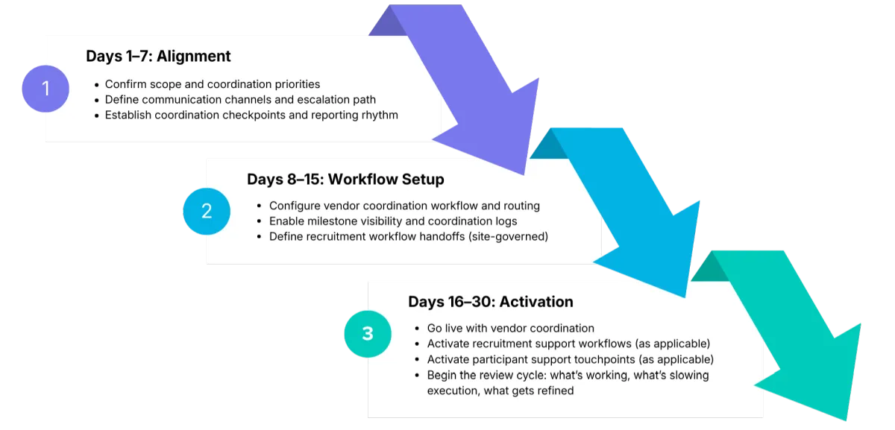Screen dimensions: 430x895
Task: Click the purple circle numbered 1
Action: coord(45,88)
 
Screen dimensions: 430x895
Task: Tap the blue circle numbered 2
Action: coord(207,211)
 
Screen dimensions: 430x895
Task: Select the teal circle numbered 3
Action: coord(367,333)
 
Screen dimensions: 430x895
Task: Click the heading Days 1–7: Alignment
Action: coord(158,56)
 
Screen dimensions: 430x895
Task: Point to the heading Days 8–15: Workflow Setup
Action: coord(345,180)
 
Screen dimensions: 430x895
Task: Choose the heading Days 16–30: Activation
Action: coord(490,302)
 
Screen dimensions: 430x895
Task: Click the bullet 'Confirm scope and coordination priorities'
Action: coord(212,84)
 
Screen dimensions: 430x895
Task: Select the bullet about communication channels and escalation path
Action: coord(239,100)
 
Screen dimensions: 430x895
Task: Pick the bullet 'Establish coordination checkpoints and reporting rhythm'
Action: coord(251,116)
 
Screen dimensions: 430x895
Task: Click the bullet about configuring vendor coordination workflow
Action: coord(404,206)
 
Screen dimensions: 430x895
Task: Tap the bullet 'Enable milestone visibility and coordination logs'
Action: coord(393,221)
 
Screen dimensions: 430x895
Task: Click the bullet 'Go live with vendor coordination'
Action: coord(510,328)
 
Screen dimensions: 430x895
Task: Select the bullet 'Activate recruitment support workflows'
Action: coord(568,344)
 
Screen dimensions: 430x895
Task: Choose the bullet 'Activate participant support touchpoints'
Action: coord(570,359)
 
